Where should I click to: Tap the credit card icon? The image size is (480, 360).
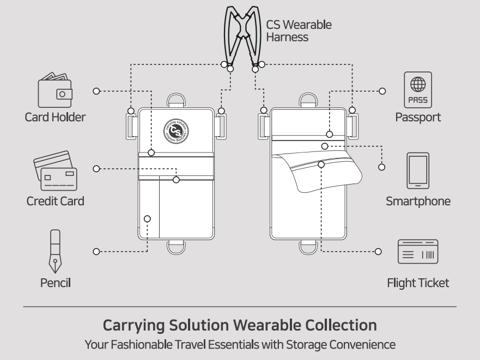(56, 168)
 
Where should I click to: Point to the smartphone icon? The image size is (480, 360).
(418, 170)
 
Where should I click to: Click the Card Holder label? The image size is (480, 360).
(54, 117)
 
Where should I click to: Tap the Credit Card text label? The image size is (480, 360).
(56, 201)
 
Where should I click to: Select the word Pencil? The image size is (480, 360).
(55, 283)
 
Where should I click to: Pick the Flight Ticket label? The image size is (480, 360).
(418, 283)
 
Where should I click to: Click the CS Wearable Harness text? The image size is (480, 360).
(299, 32)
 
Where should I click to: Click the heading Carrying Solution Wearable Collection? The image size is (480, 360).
(240, 326)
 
